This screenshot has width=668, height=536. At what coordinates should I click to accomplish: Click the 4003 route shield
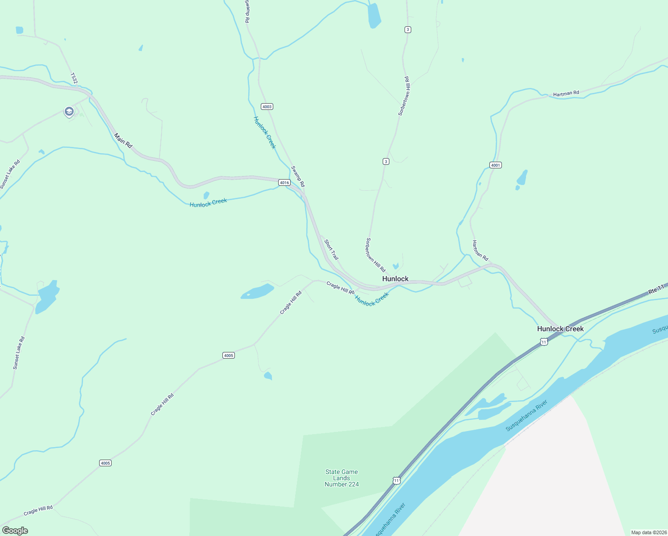tap(267, 107)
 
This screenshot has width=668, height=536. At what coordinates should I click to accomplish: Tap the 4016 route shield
tap(284, 182)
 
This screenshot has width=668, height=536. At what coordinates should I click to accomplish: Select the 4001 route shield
tap(495, 165)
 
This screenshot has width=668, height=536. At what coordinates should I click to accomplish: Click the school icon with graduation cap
tap(69, 111)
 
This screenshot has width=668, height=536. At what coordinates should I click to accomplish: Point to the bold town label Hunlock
tap(395, 279)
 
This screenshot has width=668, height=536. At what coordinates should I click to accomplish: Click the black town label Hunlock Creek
tap(560, 329)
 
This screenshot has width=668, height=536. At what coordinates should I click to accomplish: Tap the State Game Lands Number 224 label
tap(342, 478)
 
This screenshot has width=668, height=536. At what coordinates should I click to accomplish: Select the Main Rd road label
tap(123, 141)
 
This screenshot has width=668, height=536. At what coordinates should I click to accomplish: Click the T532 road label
tap(74, 78)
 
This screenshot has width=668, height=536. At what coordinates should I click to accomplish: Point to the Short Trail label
tap(331, 250)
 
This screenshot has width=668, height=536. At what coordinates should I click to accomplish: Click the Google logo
tap(15, 530)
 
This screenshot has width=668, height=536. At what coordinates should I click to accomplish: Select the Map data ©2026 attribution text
tap(649, 532)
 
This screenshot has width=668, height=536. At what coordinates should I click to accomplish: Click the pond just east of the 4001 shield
tap(522, 178)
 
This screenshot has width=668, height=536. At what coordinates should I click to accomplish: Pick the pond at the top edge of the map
tap(374, 16)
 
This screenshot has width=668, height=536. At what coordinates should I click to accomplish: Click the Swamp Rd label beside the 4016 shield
tap(298, 176)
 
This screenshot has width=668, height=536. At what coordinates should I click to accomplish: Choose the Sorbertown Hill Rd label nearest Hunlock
tap(376, 255)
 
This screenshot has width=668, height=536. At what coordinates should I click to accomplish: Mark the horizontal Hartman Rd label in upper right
tap(566, 93)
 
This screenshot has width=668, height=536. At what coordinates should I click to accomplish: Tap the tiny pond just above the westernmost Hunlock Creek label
tap(206, 195)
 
